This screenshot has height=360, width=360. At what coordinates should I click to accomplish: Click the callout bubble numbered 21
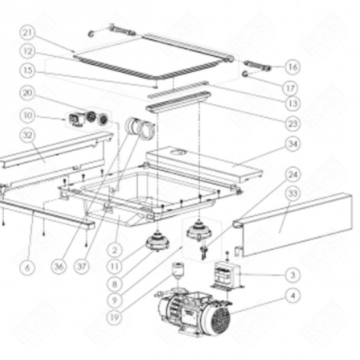point(28,32)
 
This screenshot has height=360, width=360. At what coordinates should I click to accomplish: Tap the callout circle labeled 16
point(292,67)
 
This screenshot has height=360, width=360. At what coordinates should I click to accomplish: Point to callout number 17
point(292,87)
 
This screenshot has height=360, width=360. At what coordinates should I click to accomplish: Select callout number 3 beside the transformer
point(292,273)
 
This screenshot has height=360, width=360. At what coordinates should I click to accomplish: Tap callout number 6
point(28,267)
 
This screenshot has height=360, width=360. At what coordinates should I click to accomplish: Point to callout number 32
point(28,136)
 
